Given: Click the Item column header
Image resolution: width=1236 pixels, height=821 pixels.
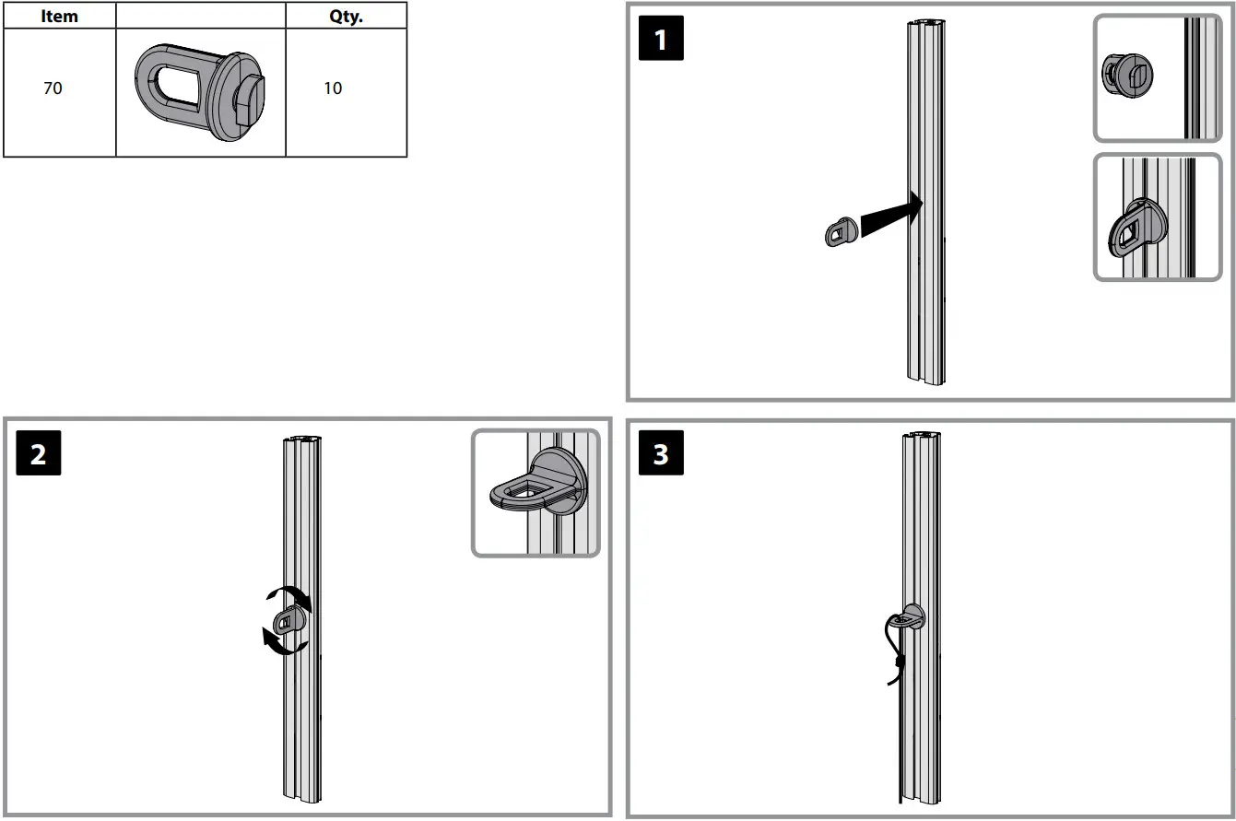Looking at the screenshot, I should click(60, 16).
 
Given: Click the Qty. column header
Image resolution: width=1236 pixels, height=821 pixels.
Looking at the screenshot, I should click(346, 16).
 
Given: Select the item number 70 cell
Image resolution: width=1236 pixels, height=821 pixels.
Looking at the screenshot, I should click(53, 89).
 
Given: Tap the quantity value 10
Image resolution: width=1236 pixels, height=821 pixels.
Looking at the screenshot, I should click(333, 88).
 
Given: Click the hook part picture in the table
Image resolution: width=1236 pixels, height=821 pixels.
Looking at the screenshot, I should click(202, 91).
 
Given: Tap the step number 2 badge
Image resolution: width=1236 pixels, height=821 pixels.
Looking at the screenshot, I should click(39, 454).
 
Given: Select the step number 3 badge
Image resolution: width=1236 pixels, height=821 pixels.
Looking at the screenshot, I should click(661, 454).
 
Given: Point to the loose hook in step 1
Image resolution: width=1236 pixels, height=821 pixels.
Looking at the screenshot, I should click(839, 231).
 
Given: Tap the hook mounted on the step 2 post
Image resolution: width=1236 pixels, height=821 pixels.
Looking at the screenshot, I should click(290, 621).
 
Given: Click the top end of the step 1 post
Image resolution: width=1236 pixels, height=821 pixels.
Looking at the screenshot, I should click(925, 24).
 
